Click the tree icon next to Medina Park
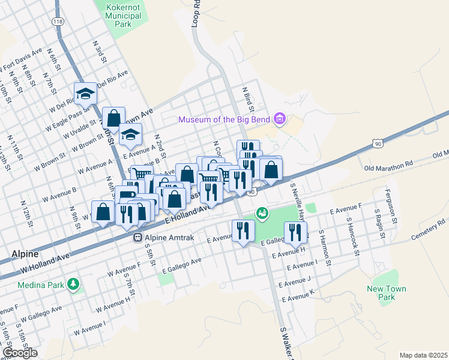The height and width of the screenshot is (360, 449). (x=73, y=283)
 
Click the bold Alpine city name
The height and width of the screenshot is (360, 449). (x=26, y=254)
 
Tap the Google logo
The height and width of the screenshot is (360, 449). (x=20, y=352)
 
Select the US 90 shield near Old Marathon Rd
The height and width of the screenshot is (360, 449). (x=377, y=143)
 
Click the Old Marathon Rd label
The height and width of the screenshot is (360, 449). (x=387, y=163)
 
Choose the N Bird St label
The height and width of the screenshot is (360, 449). (x=247, y=100)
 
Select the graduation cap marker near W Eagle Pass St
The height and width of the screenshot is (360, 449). (x=86, y=94)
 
